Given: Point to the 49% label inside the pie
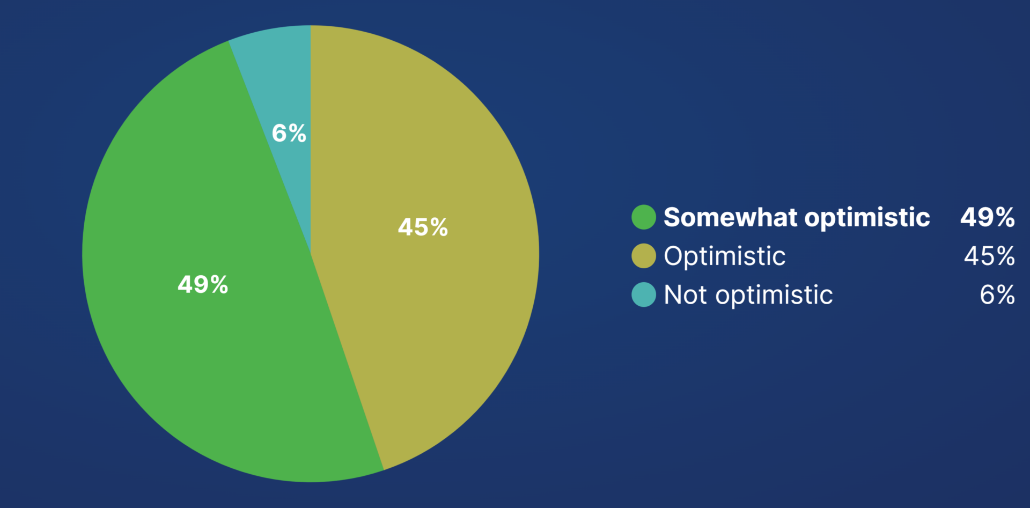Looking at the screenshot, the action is click(x=203, y=285).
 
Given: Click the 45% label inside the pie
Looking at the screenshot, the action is click(x=423, y=227).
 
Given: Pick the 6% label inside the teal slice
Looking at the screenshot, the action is click(x=289, y=133).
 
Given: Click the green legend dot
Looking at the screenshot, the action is click(x=644, y=217).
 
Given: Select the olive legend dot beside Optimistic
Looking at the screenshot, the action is click(x=644, y=256).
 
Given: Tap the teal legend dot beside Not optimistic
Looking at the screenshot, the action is click(x=644, y=295).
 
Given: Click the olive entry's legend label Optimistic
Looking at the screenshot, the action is click(x=725, y=256).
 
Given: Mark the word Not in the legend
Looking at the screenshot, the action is click(x=686, y=295).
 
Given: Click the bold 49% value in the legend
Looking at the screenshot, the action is click(x=988, y=217).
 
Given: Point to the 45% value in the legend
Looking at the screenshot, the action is click(x=989, y=256).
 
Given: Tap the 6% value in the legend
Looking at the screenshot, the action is click(x=997, y=295).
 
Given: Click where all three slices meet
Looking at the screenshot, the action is click(x=311, y=254).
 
